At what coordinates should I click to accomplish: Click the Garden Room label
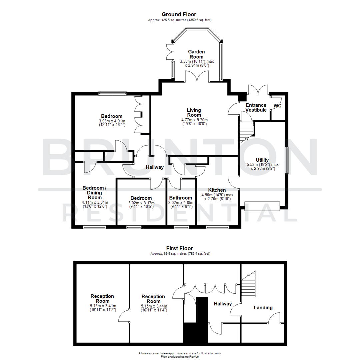196,54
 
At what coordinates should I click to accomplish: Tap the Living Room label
194,113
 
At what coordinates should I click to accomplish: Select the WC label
277,106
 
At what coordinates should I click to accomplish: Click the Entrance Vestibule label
256,107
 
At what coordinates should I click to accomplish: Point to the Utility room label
262,160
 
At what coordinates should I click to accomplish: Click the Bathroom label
181,198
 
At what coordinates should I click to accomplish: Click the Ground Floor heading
179,14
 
